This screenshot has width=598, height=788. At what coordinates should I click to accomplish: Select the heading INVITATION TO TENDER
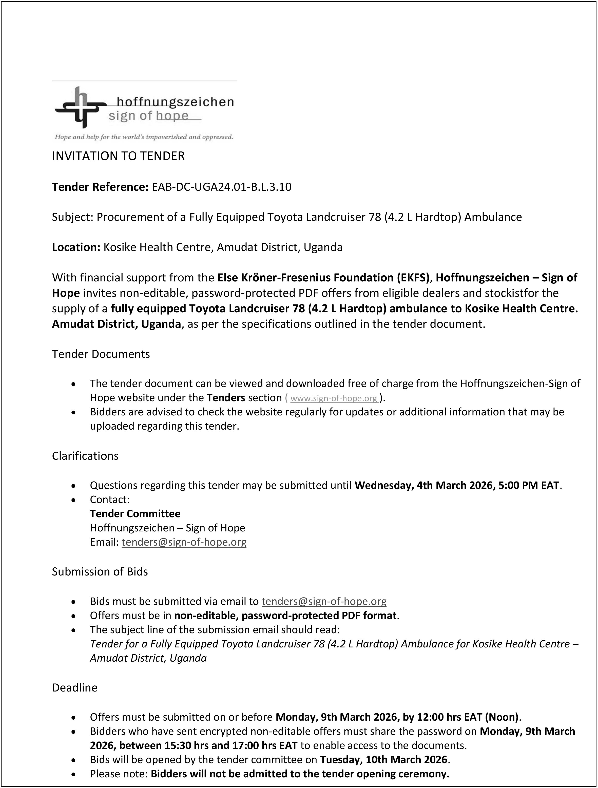point(118,156)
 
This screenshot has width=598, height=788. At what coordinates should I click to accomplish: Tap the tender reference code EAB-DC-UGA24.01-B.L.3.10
point(222,187)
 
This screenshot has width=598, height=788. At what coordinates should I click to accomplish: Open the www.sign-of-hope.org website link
point(334,398)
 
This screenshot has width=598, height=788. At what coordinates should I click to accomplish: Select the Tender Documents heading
point(101,354)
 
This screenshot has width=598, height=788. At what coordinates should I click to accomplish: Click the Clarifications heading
point(85,456)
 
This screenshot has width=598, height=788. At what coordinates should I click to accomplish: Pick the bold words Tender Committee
point(135,514)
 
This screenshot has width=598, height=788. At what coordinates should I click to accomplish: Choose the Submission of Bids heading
point(100,572)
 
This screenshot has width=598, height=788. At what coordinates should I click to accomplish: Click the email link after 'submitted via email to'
point(324,601)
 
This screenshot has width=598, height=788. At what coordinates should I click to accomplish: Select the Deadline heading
point(74,687)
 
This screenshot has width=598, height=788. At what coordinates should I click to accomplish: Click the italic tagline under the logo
point(144,137)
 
